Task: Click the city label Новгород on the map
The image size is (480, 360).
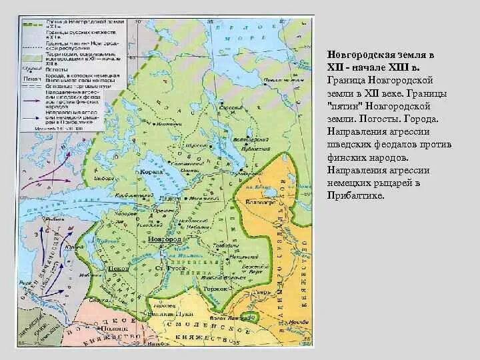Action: point(165,238)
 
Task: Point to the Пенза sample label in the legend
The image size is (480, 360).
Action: point(29,77)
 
